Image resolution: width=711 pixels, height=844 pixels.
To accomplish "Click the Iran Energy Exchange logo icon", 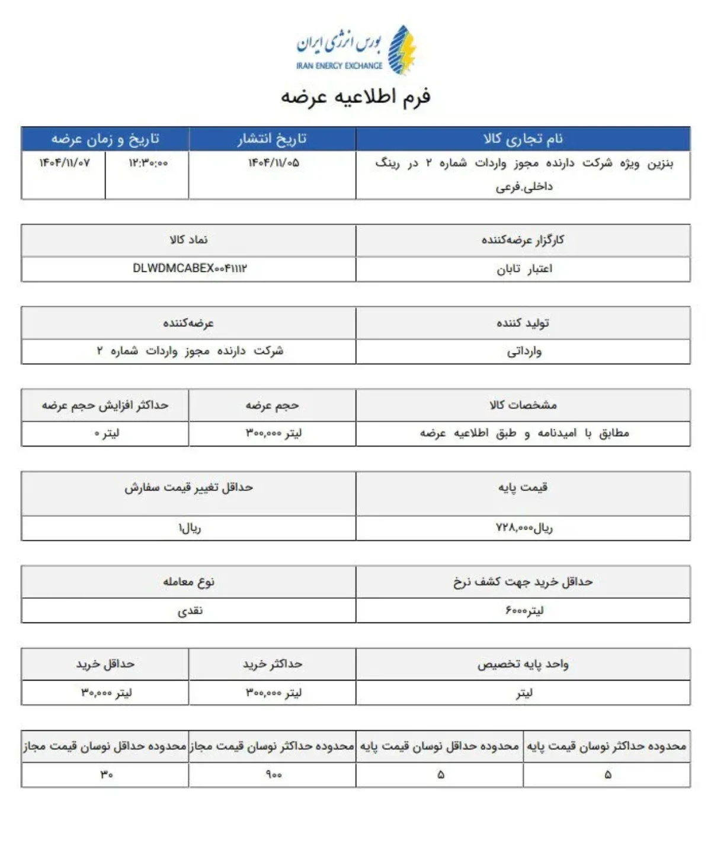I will pyautogui.click(x=402, y=50).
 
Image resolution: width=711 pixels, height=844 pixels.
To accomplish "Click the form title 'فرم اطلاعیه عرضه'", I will pyautogui.click(x=355, y=97).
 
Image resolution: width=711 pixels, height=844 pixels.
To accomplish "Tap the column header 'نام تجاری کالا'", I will pyautogui.click(x=523, y=139).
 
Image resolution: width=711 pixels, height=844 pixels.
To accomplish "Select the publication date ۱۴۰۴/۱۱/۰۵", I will pyautogui.click(x=273, y=163).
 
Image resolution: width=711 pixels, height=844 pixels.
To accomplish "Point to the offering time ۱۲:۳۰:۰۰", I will pyautogui.click(x=148, y=163).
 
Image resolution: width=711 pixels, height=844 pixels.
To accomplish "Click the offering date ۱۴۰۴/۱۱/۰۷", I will pyautogui.click(x=65, y=163).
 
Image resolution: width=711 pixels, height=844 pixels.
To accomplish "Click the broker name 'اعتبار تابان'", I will pyautogui.click(x=524, y=269).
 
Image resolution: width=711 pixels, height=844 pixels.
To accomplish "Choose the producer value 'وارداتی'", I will pyautogui.click(x=524, y=351).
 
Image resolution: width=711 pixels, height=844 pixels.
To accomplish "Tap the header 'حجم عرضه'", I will pyautogui.click(x=272, y=405).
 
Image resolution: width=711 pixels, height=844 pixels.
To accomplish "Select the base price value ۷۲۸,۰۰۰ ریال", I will pyautogui.click(x=524, y=527).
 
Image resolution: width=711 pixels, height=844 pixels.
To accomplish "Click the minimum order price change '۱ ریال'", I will pyautogui.click(x=190, y=527).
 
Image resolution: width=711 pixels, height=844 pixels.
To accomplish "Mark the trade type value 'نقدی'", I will pyautogui.click(x=190, y=610).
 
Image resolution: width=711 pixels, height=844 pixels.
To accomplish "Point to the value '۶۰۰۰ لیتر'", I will pyautogui.click(x=524, y=610).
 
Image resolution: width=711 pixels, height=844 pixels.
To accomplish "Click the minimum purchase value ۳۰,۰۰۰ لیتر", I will pyautogui.click(x=106, y=692).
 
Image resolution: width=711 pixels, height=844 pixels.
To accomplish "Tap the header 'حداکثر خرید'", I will pyautogui.click(x=272, y=664).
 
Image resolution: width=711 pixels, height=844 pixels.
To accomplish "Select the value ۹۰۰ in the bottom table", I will pyautogui.click(x=273, y=775).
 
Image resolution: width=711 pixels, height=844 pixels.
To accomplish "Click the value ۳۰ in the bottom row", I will pyautogui.click(x=106, y=775).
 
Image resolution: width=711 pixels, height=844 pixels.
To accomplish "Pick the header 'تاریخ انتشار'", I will pyautogui.click(x=272, y=139).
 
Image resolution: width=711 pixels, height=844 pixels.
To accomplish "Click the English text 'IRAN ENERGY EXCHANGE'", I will pyautogui.click(x=339, y=66).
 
